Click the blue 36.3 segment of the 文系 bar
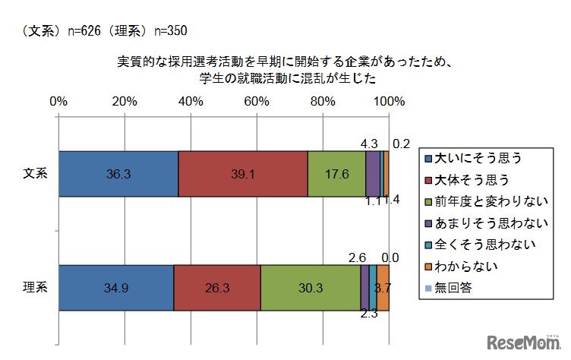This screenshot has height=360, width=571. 118,174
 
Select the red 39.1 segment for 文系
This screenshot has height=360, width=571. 243,174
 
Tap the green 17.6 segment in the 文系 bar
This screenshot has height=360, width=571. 336,174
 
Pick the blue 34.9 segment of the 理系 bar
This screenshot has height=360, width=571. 115,288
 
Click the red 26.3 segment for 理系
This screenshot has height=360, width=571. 216,288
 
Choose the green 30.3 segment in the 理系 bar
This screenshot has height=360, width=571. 310,288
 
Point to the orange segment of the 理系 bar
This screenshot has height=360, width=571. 383,288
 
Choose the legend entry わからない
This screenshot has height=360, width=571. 464,267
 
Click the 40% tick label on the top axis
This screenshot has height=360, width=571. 190,101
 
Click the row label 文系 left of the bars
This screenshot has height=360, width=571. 35,174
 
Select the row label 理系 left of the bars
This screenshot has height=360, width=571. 35,288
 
